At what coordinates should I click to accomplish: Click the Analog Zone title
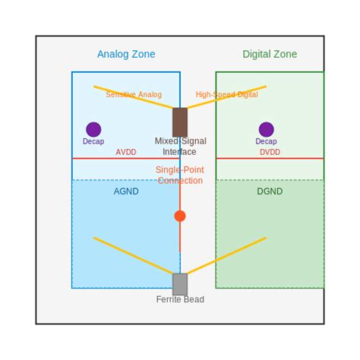tap(126, 54)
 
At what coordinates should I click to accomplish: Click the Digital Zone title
tap(270, 54)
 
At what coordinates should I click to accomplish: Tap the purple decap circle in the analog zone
tap(93, 129)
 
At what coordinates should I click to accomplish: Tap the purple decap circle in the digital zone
tap(266, 129)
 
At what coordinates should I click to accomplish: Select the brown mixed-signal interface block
tap(180, 122)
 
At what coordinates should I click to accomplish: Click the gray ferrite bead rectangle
tap(180, 284)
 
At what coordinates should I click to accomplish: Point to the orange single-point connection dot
tap(180, 216)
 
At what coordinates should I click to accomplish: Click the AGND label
tap(126, 191)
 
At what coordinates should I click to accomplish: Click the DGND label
tap(270, 191)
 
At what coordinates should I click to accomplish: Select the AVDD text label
tap(126, 152)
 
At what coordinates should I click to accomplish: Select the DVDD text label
tap(270, 152)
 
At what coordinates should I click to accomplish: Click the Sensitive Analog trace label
tap(134, 95)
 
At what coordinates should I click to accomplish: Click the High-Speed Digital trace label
tap(226, 95)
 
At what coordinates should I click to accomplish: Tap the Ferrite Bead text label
tap(180, 299)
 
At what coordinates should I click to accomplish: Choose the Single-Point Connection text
tap(180, 175)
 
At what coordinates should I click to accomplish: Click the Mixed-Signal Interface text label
tap(180, 146)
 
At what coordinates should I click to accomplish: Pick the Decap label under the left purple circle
tap(93, 141)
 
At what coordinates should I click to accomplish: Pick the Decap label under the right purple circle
tap(266, 141)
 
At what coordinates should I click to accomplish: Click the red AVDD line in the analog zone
tap(99, 158)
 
